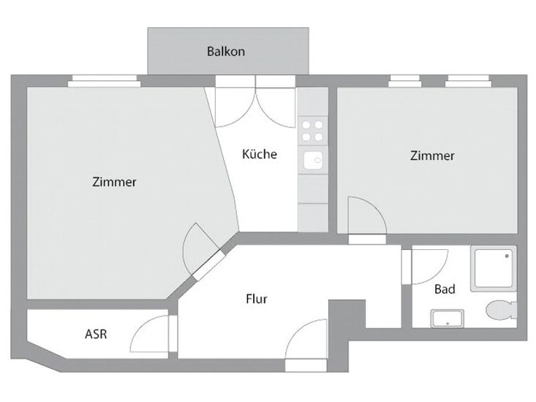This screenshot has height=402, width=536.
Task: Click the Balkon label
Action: tap(225, 52)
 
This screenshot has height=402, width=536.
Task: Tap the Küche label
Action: tap(259, 154)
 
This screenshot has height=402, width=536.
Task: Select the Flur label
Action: tap(256, 298)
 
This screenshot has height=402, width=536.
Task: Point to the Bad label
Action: tap(445, 289)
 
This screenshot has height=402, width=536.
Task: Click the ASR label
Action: tap(96, 334)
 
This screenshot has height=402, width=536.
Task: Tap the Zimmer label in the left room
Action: tap(114, 182)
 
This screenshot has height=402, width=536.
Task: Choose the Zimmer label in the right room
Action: tap(432, 156)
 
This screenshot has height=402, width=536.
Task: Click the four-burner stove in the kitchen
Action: tap(313, 131)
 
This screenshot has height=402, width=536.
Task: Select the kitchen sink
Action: tap(313, 160)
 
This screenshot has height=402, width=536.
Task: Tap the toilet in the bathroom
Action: tap(501, 309)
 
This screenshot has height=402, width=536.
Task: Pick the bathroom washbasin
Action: tap(446, 318)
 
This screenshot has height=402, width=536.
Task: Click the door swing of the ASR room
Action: tap(149, 335)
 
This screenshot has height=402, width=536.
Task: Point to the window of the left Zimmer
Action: tap(103, 82)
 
